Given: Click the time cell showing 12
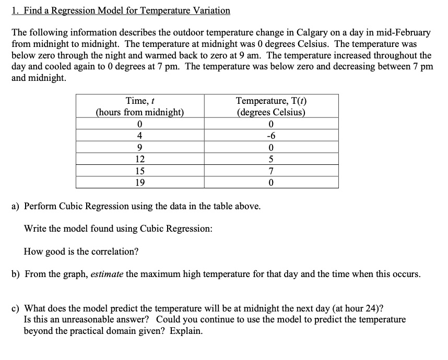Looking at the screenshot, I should pos(139,159).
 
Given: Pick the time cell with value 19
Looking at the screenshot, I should pos(139,182).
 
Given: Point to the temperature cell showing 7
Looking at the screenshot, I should pos(270,171).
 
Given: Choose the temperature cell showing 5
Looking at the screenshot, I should pos(270,159).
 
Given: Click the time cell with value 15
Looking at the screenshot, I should pos(139,171).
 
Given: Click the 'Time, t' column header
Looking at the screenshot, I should pos(139,101).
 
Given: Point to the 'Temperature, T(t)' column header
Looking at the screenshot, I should pos(270,101).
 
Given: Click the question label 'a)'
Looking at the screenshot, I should pos(16,206).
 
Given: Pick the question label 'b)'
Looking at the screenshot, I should pos(16,274).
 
